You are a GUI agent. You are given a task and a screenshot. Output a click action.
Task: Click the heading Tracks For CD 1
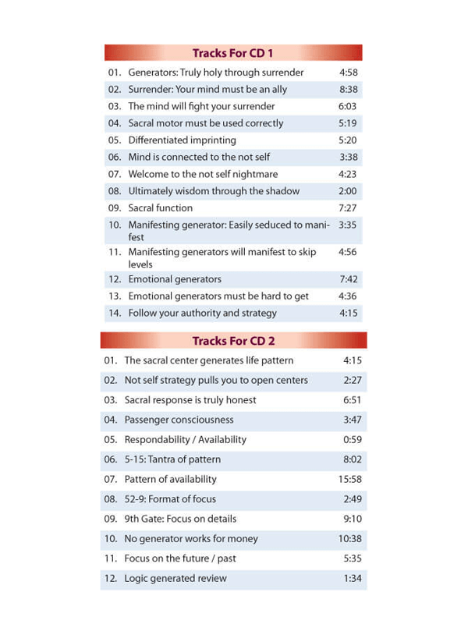pyautogui.click(x=232, y=53)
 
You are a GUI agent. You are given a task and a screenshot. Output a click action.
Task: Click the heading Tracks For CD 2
pyautogui.click(x=233, y=341)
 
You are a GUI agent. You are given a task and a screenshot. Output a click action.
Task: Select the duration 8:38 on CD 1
pyautogui.click(x=348, y=90)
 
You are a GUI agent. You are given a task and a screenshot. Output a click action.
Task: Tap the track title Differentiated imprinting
pyautogui.click(x=182, y=140)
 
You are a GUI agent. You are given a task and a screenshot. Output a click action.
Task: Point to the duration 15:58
pyautogui.click(x=350, y=479)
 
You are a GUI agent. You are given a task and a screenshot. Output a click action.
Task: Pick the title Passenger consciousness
pyautogui.click(x=179, y=420)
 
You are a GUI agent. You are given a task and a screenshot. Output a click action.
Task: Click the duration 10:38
pyautogui.click(x=350, y=538)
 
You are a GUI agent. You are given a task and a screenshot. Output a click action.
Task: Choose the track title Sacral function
pyautogui.click(x=161, y=208)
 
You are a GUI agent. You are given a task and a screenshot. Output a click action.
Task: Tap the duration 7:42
pyautogui.click(x=348, y=279)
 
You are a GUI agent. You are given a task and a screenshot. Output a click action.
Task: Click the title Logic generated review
pyautogui.click(x=175, y=578)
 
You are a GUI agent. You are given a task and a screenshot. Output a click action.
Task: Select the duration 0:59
pyautogui.click(x=353, y=439)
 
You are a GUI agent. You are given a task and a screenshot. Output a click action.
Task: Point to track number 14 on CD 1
pyautogui.click(x=115, y=314)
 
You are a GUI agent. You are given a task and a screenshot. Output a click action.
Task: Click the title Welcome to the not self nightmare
pyautogui.click(x=203, y=174)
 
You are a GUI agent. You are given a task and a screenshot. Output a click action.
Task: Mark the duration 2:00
pyautogui.click(x=348, y=191)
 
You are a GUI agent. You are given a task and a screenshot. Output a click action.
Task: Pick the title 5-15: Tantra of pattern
pyautogui.click(x=172, y=459)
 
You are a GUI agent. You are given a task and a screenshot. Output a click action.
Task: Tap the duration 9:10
pyautogui.click(x=353, y=519)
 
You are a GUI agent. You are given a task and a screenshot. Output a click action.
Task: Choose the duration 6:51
pyautogui.click(x=353, y=400)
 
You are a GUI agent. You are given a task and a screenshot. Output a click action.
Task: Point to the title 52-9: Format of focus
pyautogui.click(x=170, y=498)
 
